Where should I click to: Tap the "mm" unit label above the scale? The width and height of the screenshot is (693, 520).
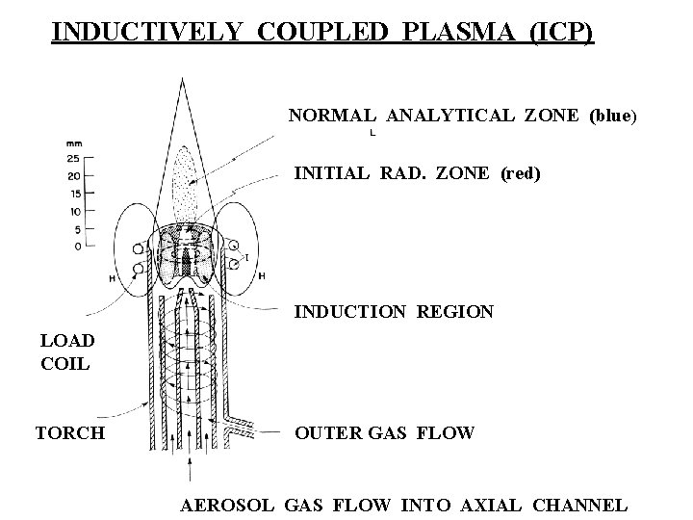pyautogui.click(x=73, y=143)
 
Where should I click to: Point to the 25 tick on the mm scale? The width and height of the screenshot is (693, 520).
pyautogui.click(x=73, y=158)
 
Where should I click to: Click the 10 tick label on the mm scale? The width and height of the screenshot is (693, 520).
pyautogui.click(x=73, y=211)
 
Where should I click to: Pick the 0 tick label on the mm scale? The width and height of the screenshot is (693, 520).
pyautogui.click(x=76, y=247)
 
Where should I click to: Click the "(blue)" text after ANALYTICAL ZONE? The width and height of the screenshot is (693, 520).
pyautogui.click(x=612, y=116)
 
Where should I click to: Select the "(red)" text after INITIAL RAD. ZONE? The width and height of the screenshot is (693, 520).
pyautogui.click(x=521, y=173)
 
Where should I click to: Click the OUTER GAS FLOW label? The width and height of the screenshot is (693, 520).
pyautogui.click(x=384, y=432)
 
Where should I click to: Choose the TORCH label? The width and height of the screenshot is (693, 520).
pyautogui.click(x=70, y=432)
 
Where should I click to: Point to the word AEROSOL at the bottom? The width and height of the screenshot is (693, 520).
pyautogui.click(x=230, y=505)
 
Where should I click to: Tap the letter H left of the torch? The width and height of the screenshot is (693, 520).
pyautogui.click(x=114, y=278)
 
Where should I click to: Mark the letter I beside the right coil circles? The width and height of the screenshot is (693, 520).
pyautogui.click(x=247, y=257)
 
